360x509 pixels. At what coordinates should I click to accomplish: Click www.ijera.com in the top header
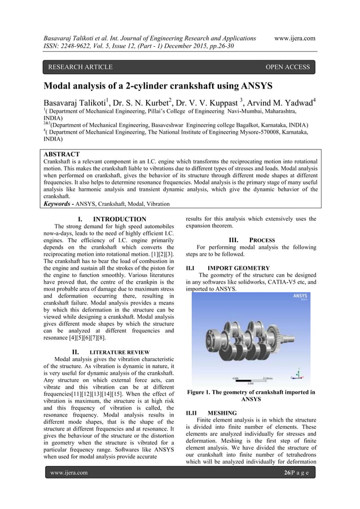click(294, 38)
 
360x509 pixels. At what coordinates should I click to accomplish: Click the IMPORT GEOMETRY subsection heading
click(231, 267)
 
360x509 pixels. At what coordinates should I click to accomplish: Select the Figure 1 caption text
click(251, 395)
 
